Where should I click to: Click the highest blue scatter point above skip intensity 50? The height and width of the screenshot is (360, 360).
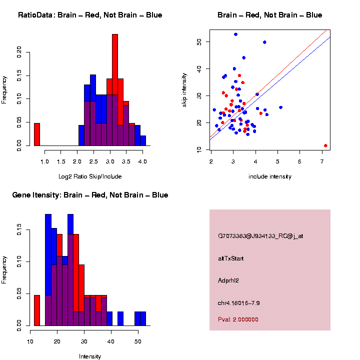click(235, 34)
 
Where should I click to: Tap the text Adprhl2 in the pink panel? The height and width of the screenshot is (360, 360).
click(228, 280)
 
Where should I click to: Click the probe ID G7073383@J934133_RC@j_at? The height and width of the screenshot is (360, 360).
click(260, 236)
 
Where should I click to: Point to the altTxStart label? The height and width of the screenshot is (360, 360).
click(230, 258)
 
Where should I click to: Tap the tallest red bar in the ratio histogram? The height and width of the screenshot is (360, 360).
click(115, 90)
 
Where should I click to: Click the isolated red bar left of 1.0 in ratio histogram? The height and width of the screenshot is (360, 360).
click(37, 134)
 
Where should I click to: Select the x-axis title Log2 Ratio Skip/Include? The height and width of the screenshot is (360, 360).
click(90, 176)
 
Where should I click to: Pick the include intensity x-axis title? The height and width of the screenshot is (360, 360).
click(270, 176)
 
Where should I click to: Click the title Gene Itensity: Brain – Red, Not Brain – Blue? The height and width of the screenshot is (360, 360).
click(90, 195)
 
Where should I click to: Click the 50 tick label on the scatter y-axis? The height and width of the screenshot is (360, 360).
click(199, 41)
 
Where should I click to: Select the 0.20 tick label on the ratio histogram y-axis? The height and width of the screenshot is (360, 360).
click(19, 52)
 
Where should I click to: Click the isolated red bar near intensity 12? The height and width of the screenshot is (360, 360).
click(37, 310)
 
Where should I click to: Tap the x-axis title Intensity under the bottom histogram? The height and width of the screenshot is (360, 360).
click(90, 356)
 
